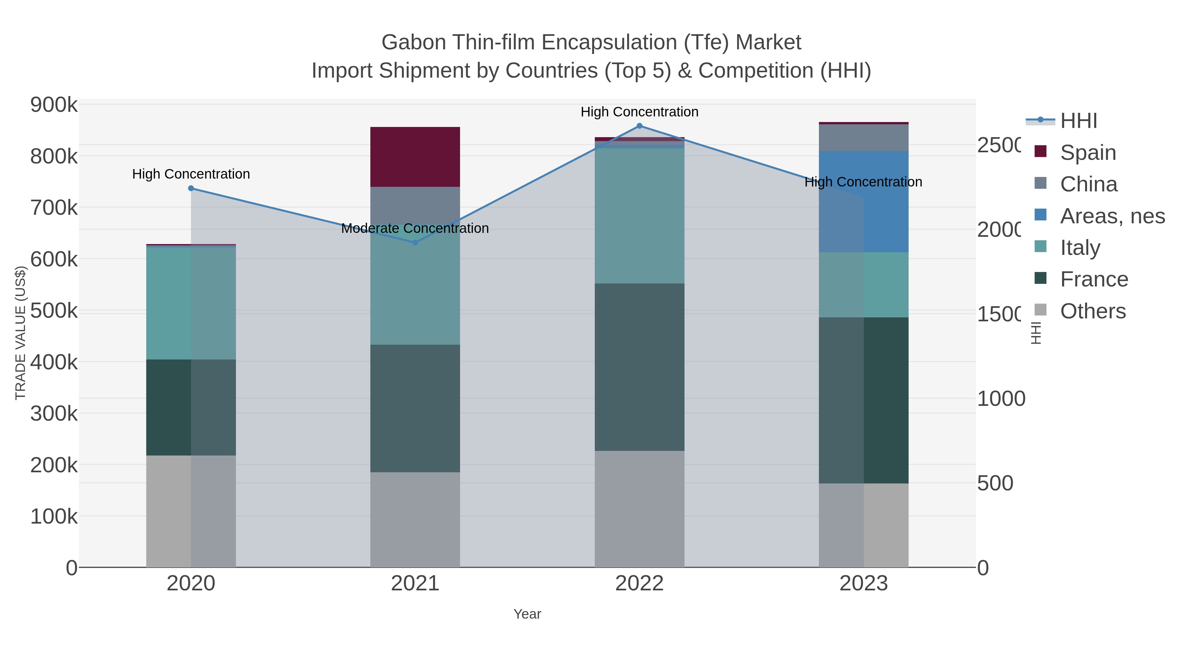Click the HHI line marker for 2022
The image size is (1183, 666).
639,126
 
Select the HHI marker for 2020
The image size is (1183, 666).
191,188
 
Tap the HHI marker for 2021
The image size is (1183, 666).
415,242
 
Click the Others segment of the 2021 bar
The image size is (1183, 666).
415,519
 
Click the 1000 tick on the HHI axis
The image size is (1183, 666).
1000,399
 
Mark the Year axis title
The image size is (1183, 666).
527,614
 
